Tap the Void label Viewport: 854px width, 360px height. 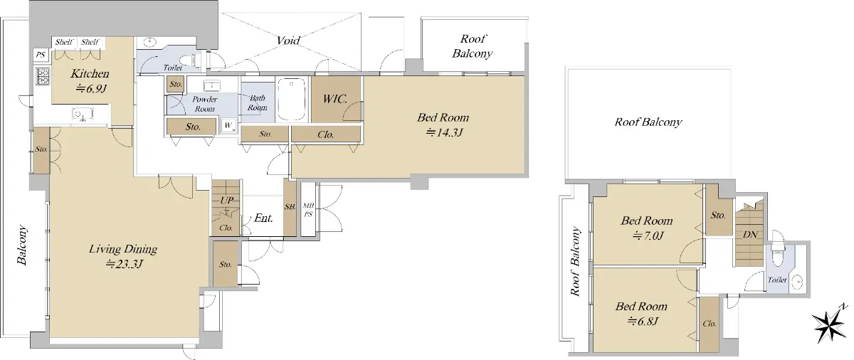(288, 41)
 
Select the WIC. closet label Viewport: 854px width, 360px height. (335, 99)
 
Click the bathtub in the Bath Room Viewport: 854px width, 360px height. (292, 99)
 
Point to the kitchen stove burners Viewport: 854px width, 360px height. (42, 76)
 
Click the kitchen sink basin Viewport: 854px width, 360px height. (83, 114)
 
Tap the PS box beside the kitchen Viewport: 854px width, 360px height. (41, 55)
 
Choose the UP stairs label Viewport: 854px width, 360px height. (226, 200)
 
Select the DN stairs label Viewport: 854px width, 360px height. (750, 235)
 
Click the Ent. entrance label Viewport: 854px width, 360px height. (263, 218)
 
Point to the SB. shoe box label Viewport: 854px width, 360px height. (290, 207)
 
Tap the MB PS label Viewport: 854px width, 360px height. (308, 210)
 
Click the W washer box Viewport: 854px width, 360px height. (228, 125)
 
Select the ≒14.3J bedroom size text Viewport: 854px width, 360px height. (444, 132)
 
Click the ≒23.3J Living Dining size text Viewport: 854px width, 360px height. (125, 264)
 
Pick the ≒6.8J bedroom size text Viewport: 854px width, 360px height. (643, 322)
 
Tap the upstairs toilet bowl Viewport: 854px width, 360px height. (776, 255)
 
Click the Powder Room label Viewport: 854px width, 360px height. (205, 104)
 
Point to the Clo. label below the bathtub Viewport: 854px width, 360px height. (326, 134)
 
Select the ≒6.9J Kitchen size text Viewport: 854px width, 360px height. (91, 89)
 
